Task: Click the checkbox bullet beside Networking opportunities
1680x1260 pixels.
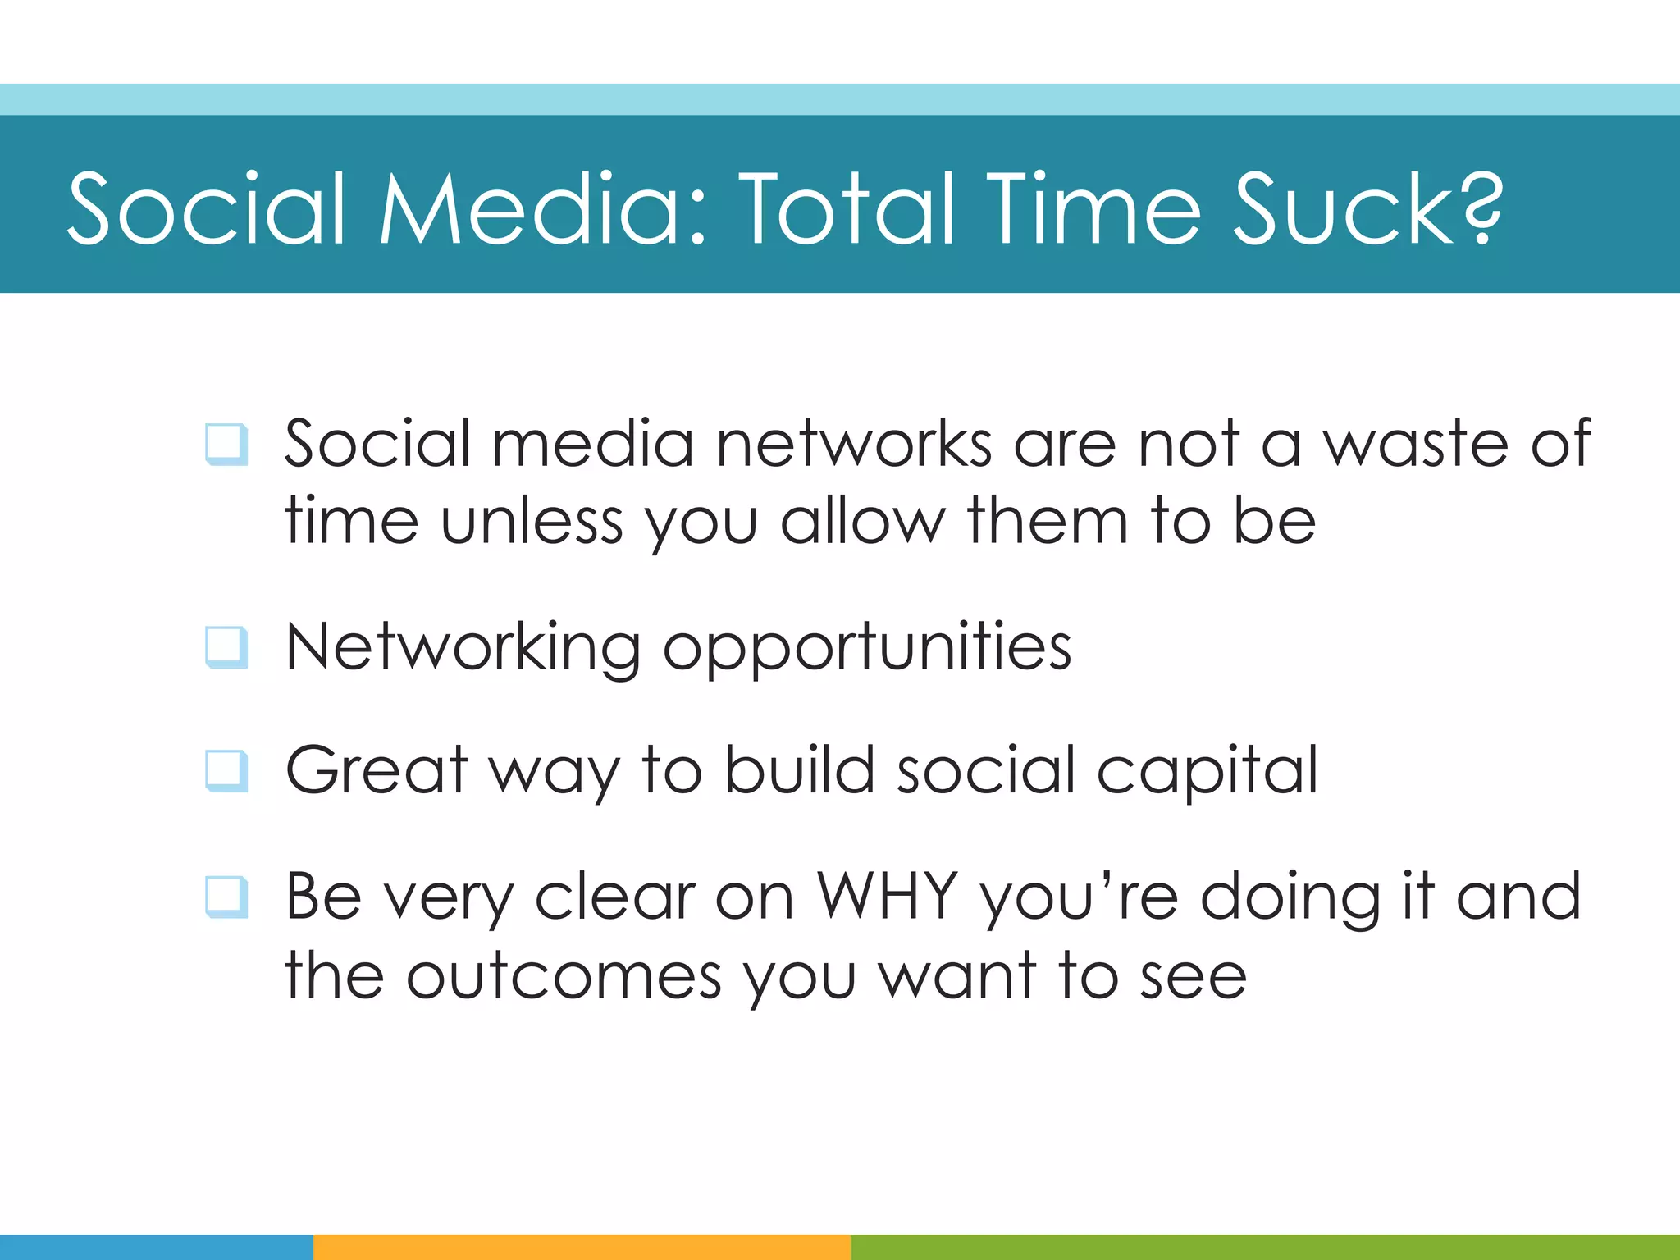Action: click(226, 647)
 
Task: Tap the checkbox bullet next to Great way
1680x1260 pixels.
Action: click(226, 771)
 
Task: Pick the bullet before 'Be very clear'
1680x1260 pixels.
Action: click(226, 897)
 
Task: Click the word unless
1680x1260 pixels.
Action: click(532, 522)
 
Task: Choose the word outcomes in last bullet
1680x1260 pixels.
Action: click(564, 976)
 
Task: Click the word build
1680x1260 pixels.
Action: click(799, 771)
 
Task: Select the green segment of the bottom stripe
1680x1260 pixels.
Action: click(1263, 1247)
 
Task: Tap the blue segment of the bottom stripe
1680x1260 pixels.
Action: click(156, 1247)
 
